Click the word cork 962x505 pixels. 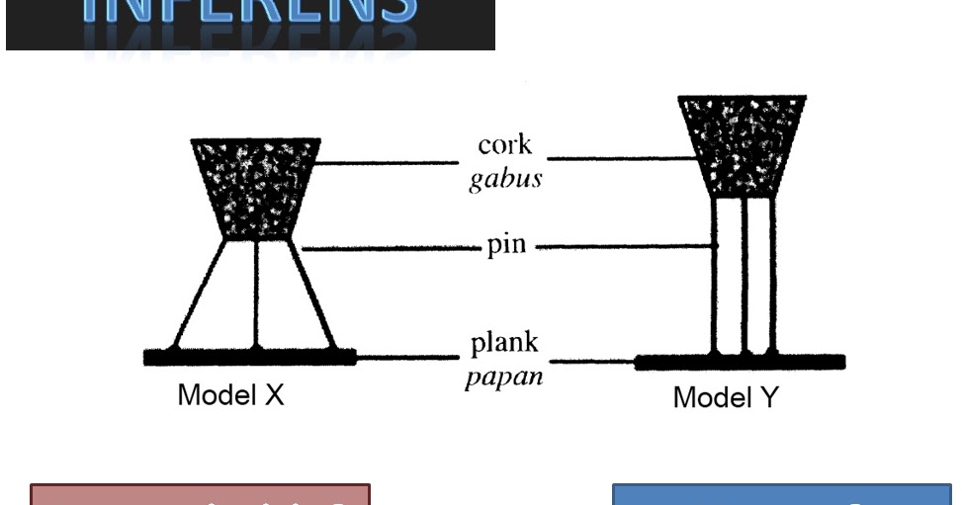[504, 146]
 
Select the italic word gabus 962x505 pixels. [504, 181]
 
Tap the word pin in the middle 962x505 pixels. [506, 245]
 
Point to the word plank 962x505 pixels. [504, 344]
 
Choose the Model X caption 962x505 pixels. [230, 395]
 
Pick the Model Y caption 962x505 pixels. [726, 398]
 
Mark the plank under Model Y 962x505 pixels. [740, 362]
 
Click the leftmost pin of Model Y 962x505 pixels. [715, 277]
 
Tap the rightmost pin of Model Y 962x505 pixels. [770, 277]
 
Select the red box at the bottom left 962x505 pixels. [200, 494]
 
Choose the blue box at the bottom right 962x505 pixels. [781, 494]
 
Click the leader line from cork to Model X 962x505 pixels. [386, 162]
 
